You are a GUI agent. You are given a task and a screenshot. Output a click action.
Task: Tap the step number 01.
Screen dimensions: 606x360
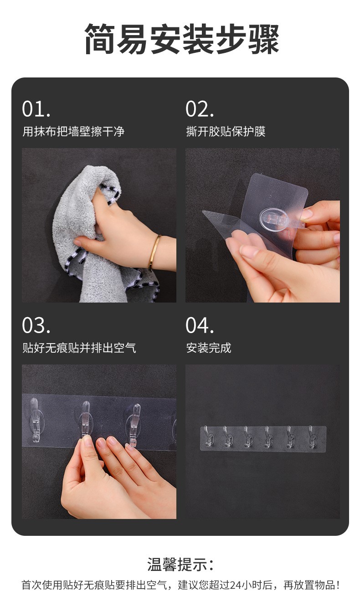pos(36,109)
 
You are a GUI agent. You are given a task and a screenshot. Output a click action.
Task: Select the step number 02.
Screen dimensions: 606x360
pos(200,109)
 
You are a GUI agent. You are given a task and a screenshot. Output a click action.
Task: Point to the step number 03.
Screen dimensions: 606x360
pos(36,326)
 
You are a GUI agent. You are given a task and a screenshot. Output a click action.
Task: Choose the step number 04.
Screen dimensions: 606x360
pos(200,326)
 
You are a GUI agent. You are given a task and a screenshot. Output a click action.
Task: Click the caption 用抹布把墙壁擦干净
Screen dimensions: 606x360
pos(73,132)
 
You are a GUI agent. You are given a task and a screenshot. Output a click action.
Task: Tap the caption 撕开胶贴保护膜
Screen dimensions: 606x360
pos(226,132)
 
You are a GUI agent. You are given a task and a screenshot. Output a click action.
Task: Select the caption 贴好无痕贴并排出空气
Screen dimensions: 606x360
pos(79,348)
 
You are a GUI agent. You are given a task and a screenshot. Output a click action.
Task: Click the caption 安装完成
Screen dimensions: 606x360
pos(209,348)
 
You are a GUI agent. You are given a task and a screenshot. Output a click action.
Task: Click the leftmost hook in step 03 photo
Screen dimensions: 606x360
pos(35,419)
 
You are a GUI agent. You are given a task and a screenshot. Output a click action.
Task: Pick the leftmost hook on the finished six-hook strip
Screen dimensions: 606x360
pos(207,437)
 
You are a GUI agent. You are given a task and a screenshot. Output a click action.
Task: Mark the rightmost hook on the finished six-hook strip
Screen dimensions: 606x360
pos(312,437)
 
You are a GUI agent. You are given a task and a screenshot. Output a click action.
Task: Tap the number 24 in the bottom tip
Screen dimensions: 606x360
pos(236,585)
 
